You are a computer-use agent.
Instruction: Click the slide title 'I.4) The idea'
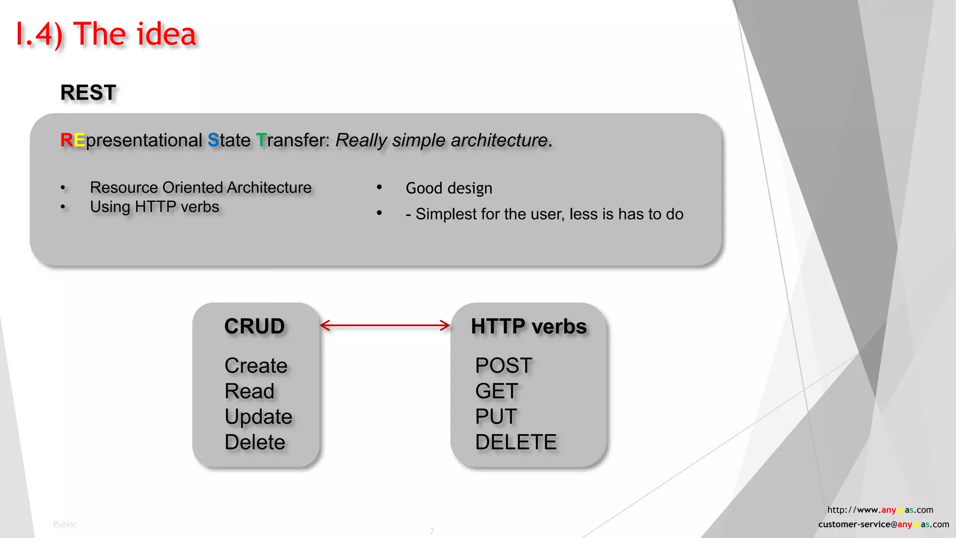click(x=106, y=35)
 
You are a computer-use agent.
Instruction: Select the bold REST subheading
click(x=88, y=92)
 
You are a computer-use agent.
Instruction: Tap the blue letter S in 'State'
click(x=213, y=140)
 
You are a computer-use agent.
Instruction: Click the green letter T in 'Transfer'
click(x=261, y=140)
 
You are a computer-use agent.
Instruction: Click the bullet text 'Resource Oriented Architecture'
click(x=201, y=187)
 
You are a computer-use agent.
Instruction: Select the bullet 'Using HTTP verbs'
click(x=155, y=206)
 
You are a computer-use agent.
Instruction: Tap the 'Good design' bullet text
click(x=449, y=188)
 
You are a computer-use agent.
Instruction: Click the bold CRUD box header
click(x=254, y=326)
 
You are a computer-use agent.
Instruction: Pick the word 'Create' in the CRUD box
click(x=256, y=365)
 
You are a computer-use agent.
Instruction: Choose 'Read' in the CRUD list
click(x=249, y=391)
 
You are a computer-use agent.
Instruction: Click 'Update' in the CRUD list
click(x=258, y=417)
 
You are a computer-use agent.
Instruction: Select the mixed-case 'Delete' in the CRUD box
click(x=255, y=442)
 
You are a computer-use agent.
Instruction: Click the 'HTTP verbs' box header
click(x=528, y=326)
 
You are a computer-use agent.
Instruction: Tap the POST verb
click(x=503, y=365)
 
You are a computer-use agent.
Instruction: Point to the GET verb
click(x=496, y=391)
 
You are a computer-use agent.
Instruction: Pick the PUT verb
click(x=496, y=417)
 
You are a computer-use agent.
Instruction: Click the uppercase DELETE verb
click(x=516, y=442)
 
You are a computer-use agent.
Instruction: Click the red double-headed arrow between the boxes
click(x=385, y=326)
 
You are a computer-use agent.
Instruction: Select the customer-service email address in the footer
click(x=883, y=524)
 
